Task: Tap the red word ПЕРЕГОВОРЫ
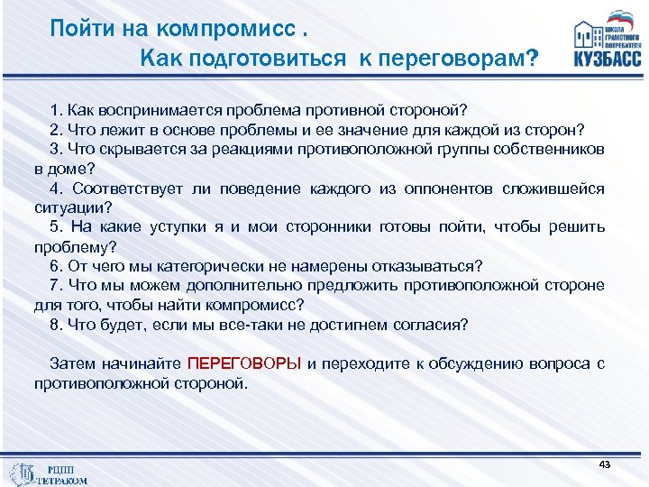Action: click(244, 364)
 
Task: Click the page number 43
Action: click(604, 464)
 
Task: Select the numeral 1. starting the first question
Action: click(57, 110)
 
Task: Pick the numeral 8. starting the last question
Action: click(57, 325)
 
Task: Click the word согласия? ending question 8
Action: click(435, 325)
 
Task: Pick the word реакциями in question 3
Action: click(237, 149)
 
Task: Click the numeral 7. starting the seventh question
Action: click(57, 286)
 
